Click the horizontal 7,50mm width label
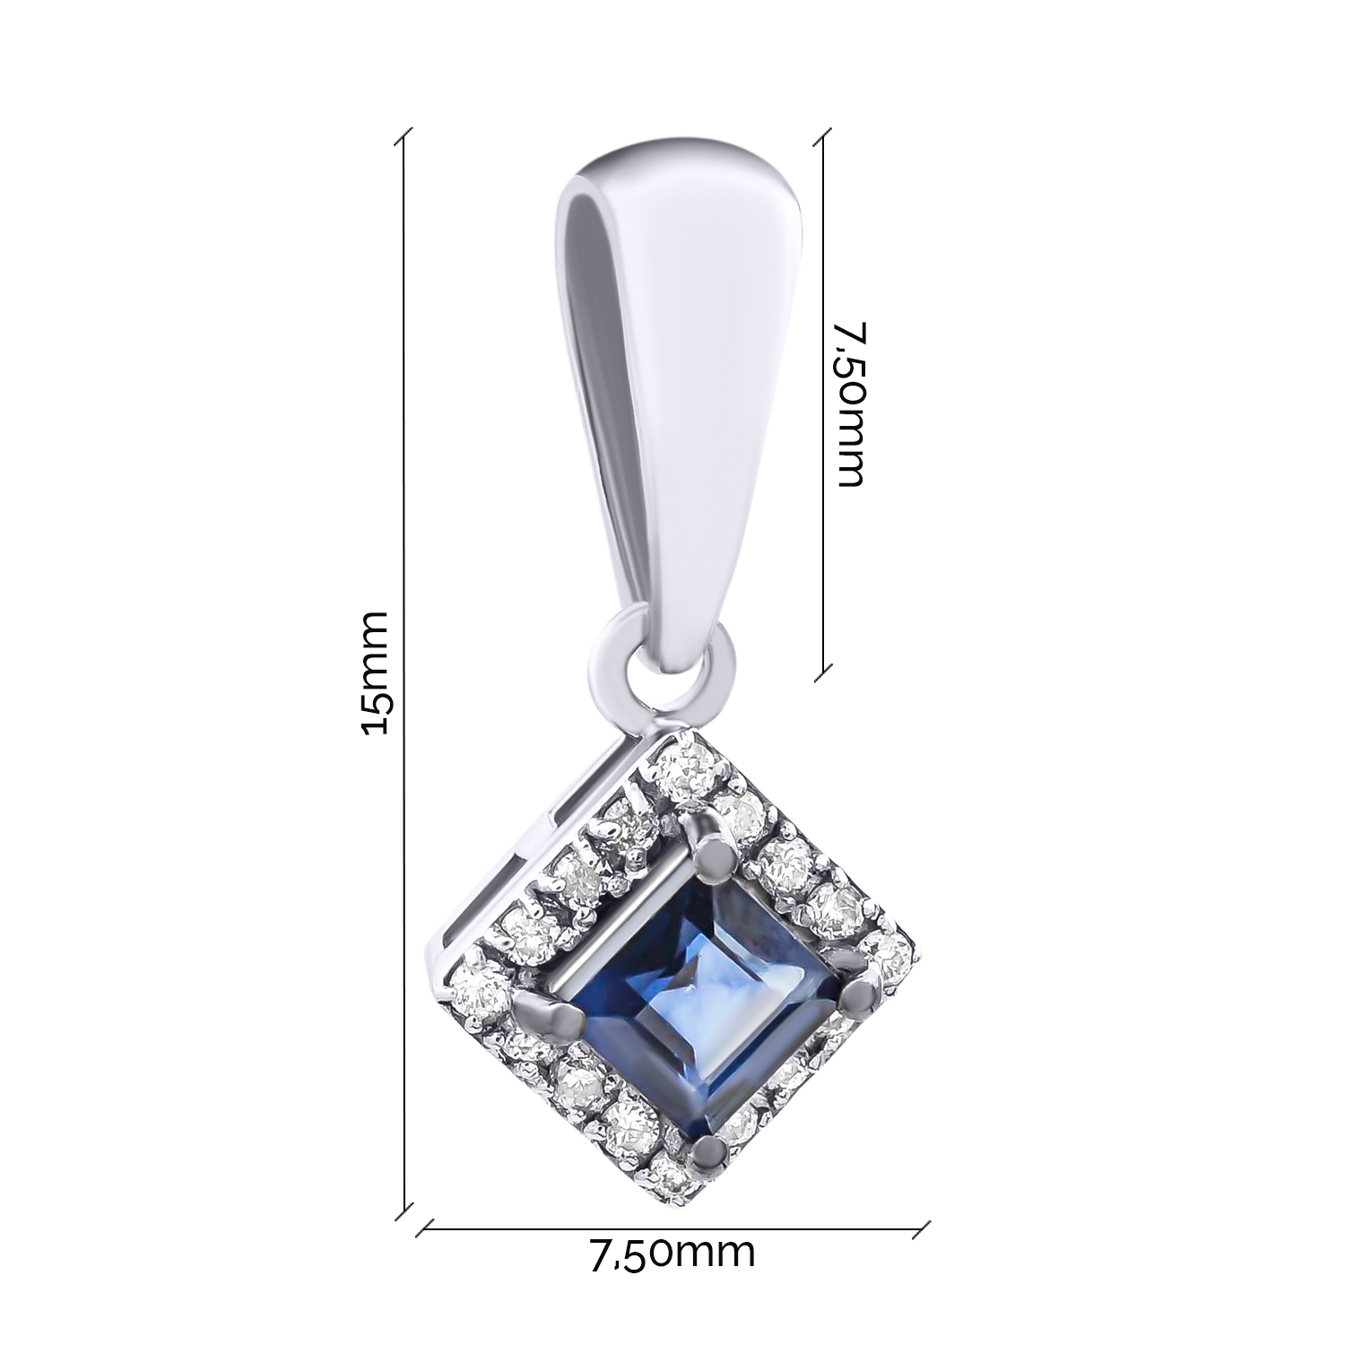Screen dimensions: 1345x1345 point(672,1253)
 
